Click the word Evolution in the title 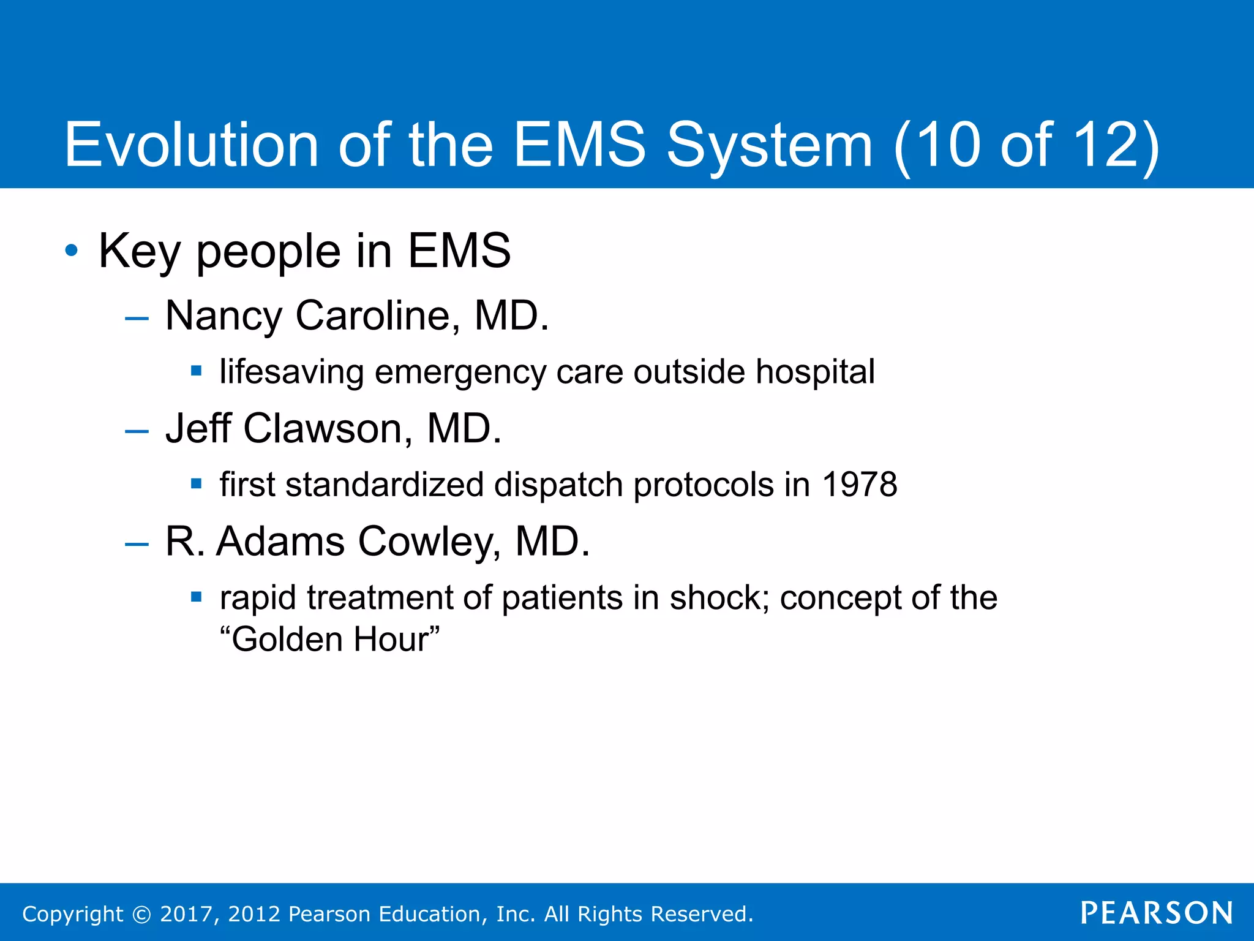point(191,145)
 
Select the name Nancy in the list point(223,317)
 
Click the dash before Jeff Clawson point(136,431)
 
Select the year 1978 point(859,485)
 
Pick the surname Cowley point(429,542)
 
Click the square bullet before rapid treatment point(196,596)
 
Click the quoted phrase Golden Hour point(329,640)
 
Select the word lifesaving point(291,372)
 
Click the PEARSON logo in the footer point(1156,913)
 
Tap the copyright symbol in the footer point(141,915)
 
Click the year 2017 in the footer point(186,914)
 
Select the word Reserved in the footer point(700,914)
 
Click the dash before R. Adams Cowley point(136,544)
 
